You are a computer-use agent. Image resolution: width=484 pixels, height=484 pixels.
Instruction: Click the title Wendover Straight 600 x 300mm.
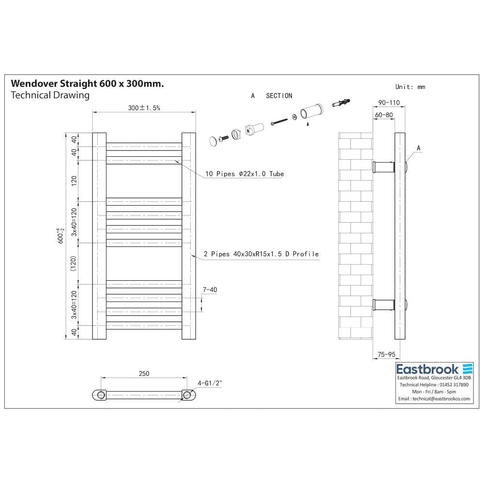click(x=87, y=84)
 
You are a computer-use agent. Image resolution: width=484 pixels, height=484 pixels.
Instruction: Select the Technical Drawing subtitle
click(x=50, y=95)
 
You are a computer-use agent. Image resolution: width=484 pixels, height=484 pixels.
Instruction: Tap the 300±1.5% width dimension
click(x=144, y=108)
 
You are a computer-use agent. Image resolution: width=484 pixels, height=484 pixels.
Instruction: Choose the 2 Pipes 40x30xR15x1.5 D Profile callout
click(x=262, y=254)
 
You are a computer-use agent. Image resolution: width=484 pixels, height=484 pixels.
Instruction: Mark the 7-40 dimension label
click(x=210, y=290)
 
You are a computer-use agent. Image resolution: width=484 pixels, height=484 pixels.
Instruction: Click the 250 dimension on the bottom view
click(x=144, y=374)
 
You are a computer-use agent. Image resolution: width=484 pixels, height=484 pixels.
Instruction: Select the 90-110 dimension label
click(x=389, y=103)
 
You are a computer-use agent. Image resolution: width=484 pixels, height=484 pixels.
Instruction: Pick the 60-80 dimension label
click(x=383, y=115)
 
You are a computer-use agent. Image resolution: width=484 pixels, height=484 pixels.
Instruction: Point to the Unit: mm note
click(x=410, y=87)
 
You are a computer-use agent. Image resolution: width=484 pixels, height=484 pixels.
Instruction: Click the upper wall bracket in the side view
click(x=385, y=167)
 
